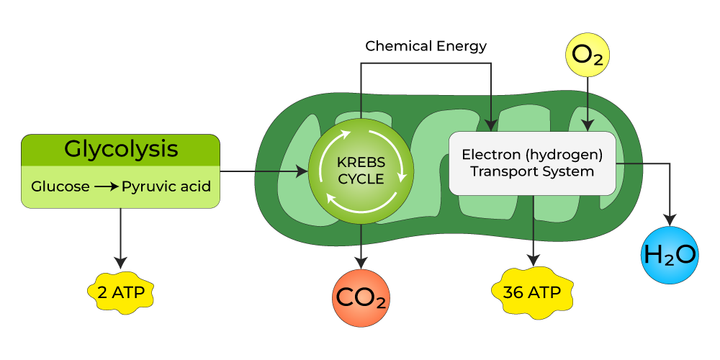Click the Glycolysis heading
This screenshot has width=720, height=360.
[120, 149]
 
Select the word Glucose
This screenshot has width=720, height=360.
[60, 187]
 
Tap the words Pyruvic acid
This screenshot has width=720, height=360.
[166, 187]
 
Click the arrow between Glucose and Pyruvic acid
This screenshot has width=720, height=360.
[106, 187]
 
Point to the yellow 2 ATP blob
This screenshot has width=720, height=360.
[120, 292]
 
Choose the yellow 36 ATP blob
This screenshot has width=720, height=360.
[533, 292]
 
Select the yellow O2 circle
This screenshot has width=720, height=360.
[588, 55]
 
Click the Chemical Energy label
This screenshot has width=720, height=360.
[426, 46]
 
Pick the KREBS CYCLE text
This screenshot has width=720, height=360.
[361, 170]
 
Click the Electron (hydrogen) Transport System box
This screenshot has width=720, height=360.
[532, 163]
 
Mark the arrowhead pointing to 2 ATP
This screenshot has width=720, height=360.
[120, 263]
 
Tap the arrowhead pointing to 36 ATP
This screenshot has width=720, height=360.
[533, 261]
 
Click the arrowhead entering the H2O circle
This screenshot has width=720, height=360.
[670, 219]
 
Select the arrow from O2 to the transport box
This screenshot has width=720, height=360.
[588, 101]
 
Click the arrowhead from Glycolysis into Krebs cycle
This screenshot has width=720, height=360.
[302, 171]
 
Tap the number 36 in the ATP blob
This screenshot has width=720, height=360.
[513, 293]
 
